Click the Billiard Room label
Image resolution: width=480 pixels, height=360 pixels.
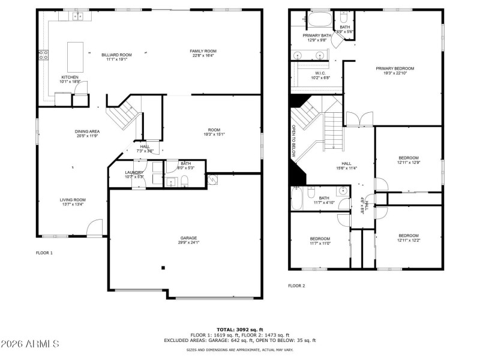(x=116, y=55)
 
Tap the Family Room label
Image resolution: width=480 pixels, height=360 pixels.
(x=203, y=51)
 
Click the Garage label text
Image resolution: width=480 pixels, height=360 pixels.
(x=188, y=238)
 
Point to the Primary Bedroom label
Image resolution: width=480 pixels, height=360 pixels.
(x=395, y=68)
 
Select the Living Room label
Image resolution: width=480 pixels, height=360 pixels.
(x=73, y=200)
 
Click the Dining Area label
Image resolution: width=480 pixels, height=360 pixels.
(x=87, y=131)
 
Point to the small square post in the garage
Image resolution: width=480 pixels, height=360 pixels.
(x=162, y=268)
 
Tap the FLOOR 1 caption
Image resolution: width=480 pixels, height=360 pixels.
(x=44, y=253)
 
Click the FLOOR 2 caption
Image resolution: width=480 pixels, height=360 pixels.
(x=296, y=286)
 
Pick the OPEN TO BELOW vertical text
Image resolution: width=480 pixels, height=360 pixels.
(x=293, y=140)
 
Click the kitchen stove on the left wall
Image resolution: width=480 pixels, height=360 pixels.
(x=43, y=55)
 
